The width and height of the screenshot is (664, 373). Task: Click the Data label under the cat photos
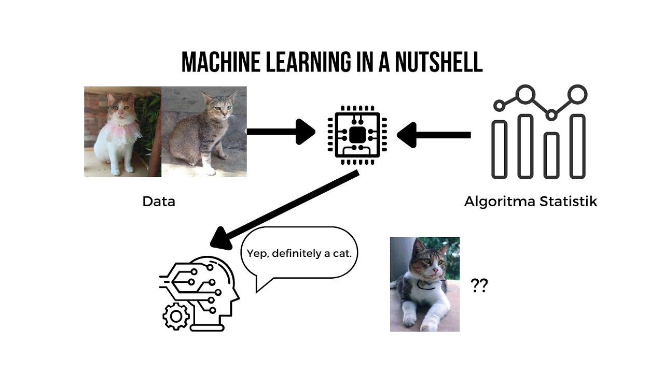159,202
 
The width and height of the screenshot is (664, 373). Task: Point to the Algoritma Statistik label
530,202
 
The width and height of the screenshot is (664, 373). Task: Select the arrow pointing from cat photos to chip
280,132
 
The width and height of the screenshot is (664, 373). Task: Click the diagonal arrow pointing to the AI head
285,210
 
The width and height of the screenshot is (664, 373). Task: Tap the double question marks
479,285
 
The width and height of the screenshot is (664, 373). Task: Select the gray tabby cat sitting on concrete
202,132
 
